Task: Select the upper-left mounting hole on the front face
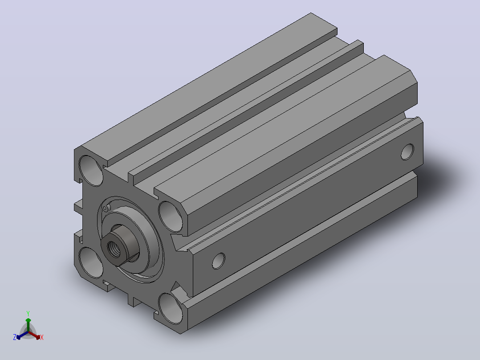tap(91, 170)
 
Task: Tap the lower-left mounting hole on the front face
tap(91, 262)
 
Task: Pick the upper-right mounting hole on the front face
tap(171, 217)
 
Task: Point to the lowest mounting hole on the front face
tap(171, 308)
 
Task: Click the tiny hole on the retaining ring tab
tap(105, 209)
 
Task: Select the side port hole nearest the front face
tap(219, 261)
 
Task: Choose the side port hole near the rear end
tap(407, 151)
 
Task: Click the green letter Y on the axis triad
tap(28, 314)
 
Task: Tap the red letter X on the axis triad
tap(42, 337)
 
